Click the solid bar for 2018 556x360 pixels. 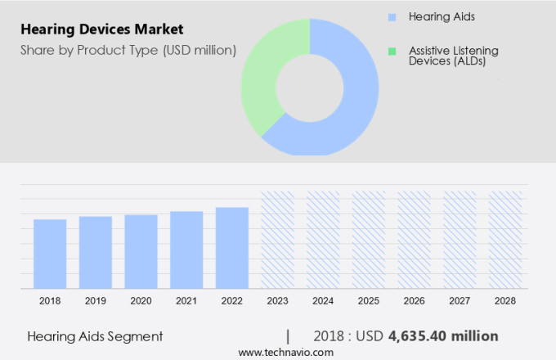50,254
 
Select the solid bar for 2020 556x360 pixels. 141,251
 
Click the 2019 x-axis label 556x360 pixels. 96,301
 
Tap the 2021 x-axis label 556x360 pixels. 186,301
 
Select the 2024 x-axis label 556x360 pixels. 323,301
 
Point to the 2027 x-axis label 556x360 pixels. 460,301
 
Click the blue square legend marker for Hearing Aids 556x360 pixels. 392,16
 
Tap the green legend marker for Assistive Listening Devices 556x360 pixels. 392,51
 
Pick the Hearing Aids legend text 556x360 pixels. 442,16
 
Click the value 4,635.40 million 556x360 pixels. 443,335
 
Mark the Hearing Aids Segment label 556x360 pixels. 95,335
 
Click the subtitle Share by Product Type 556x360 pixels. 128,51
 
